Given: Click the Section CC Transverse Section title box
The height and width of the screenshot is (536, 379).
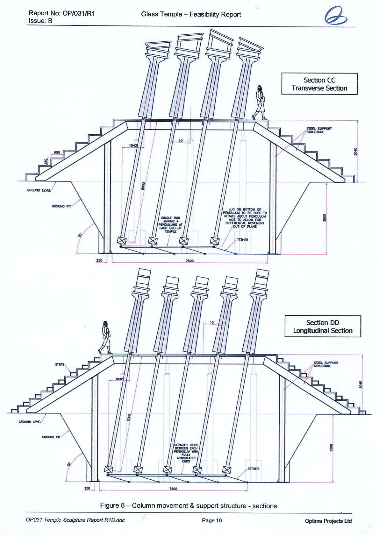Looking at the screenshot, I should [x=319, y=84].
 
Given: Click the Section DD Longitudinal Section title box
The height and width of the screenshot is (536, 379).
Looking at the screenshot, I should [x=323, y=327].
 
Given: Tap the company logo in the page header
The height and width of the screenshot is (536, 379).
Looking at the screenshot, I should [x=335, y=16].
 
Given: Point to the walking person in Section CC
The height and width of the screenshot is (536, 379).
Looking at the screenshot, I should [x=260, y=102].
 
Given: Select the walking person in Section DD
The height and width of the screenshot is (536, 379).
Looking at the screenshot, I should [x=105, y=337].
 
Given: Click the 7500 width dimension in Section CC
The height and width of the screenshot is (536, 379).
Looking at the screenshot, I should [x=189, y=261].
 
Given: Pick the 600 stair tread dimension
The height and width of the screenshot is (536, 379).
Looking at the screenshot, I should [x=56, y=152].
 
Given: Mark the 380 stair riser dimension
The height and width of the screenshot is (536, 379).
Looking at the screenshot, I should [x=46, y=162].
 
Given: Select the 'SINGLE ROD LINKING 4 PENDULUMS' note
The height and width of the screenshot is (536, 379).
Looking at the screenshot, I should [x=170, y=225].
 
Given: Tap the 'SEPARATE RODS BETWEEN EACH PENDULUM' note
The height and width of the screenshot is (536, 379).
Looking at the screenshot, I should [x=186, y=453].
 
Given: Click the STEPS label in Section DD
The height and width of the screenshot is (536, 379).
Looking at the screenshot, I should [x=60, y=364].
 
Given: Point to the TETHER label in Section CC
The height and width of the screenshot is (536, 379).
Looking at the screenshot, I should [x=242, y=240].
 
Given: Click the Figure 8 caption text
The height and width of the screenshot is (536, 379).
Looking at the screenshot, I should [x=188, y=506].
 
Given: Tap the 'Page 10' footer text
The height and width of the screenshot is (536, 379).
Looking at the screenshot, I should [x=212, y=520].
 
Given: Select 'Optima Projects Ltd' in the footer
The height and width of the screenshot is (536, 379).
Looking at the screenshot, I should [x=328, y=521].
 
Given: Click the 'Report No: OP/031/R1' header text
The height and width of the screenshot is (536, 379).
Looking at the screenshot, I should [x=62, y=13].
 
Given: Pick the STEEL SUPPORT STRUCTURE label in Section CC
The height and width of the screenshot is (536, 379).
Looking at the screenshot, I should [x=319, y=130].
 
